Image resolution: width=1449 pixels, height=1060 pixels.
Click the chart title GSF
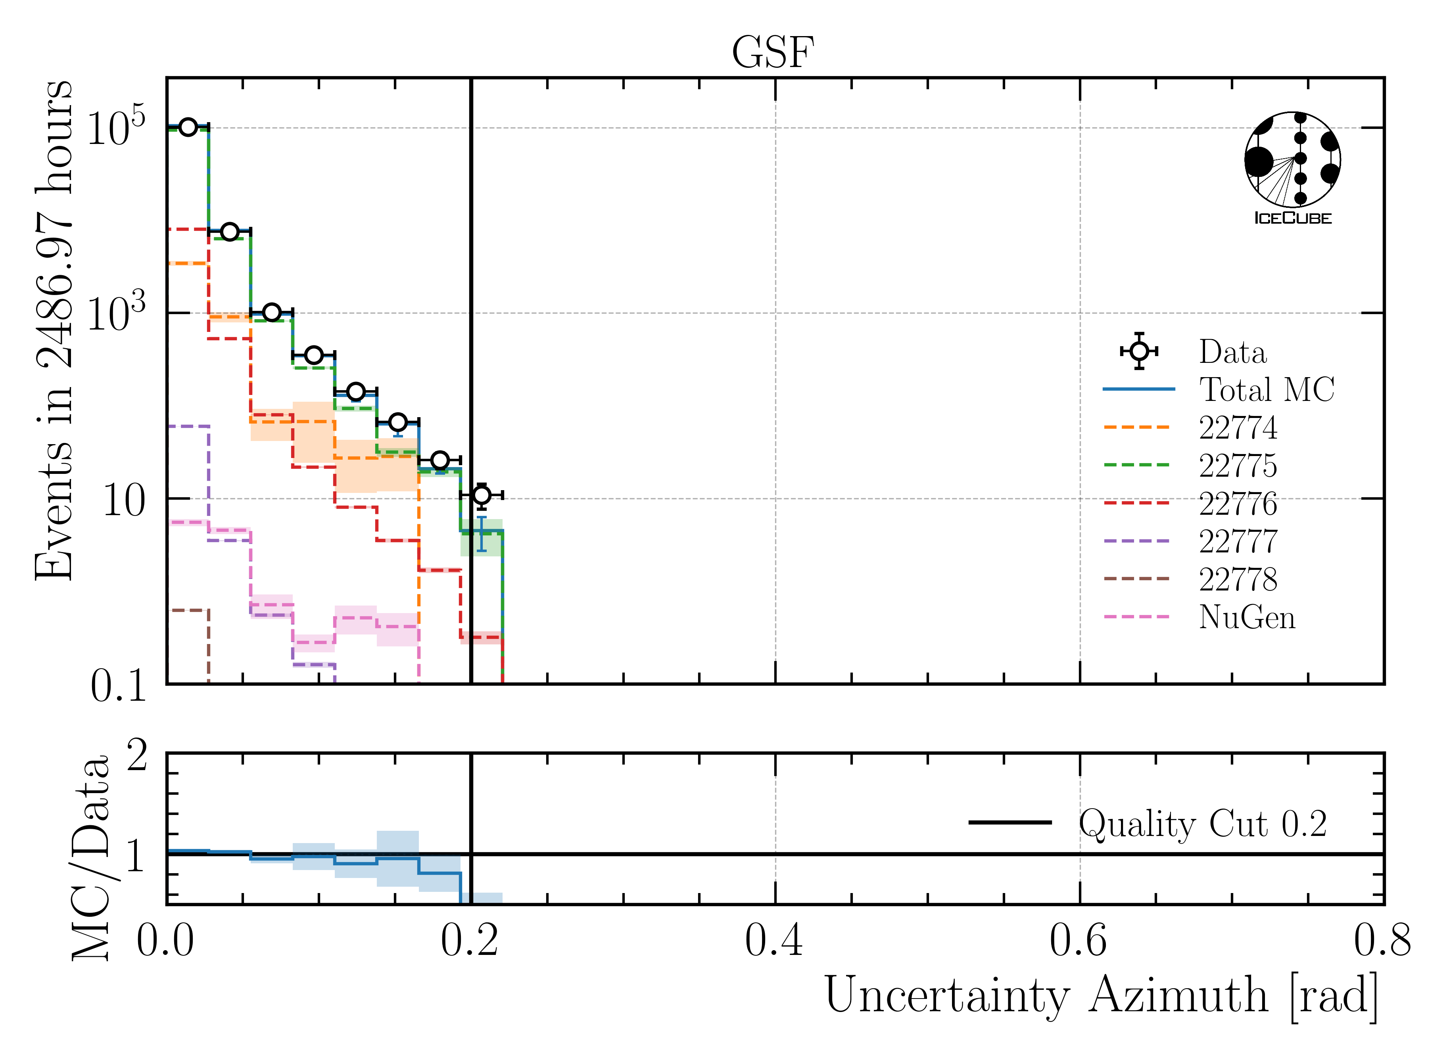773,53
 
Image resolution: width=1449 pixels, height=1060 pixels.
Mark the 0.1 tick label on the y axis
119,686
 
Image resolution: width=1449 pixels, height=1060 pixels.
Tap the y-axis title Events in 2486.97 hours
55,330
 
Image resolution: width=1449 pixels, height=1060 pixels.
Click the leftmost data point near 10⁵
187,127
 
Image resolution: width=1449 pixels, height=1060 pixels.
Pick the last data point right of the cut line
481,495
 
